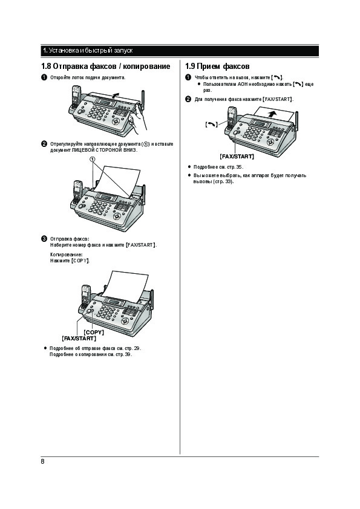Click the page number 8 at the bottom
pyautogui.click(x=42, y=461)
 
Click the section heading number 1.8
pyautogui.click(x=46, y=66)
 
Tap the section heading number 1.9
pyautogui.click(x=190, y=66)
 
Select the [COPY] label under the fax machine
pyautogui.click(x=94, y=332)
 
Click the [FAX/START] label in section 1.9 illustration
pyautogui.click(x=237, y=157)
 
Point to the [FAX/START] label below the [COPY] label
pyautogui.click(x=79, y=339)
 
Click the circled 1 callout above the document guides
pyautogui.click(x=93, y=159)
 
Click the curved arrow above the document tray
pyautogui.click(x=115, y=95)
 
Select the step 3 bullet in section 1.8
pyautogui.click(x=44, y=239)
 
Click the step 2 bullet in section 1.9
pyautogui.click(x=188, y=99)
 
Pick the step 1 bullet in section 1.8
pyautogui.click(x=44, y=77)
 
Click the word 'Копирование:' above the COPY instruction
pyautogui.click(x=67, y=255)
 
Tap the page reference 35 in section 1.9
pyautogui.click(x=239, y=167)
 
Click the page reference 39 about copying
pyautogui.click(x=128, y=354)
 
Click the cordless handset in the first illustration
pyautogui.click(x=76, y=97)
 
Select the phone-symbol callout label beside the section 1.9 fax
pyautogui.click(x=211, y=125)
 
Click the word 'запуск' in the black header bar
pyautogui.click(x=123, y=51)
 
